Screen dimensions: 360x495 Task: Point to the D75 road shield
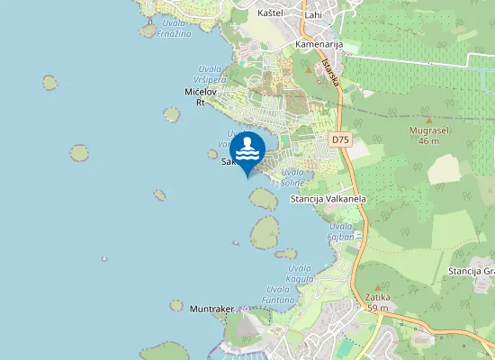[339, 139]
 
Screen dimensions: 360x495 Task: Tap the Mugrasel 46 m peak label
[429, 135]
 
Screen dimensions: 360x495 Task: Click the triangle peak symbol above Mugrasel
[429, 119]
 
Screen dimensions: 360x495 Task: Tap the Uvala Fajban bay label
[341, 230]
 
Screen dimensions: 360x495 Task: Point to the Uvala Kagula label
[300, 273]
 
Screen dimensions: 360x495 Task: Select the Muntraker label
[212, 309]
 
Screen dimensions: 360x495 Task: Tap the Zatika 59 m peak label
[378, 302]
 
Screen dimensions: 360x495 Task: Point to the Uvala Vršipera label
[208, 75]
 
